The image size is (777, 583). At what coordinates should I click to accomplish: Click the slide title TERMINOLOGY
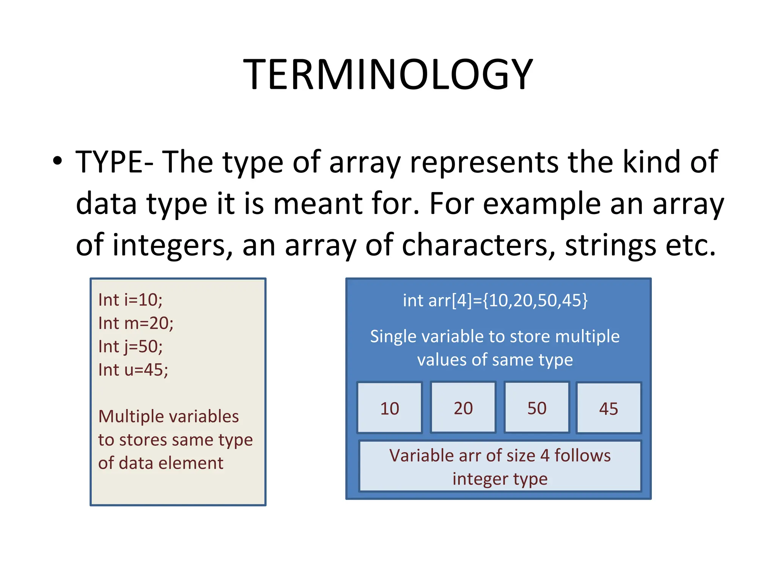[x=388, y=74]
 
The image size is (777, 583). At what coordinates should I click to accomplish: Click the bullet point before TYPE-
[x=57, y=161]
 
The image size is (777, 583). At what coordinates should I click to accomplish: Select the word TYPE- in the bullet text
[x=114, y=162]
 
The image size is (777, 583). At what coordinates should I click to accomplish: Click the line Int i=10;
[x=130, y=300]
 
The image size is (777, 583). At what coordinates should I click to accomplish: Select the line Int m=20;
[x=135, y=323]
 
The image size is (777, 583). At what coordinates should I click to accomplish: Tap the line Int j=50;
[x=130, y=347]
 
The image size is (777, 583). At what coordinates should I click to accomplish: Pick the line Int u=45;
[x=133, y=370]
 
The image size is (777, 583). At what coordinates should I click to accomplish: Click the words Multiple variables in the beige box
[x=168, y=416]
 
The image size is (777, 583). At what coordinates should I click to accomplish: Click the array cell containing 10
[x=389, y=408]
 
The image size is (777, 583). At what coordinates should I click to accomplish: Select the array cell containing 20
[x=463, y=408]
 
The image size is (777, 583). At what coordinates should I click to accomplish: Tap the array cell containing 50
[x=536, y=408]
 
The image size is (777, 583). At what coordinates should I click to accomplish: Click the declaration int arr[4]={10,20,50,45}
[x=495, y=300]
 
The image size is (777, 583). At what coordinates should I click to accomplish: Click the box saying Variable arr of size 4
[x=500, y=466]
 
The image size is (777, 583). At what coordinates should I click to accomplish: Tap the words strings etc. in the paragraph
[x=640, y=245]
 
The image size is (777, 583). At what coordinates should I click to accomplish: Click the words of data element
[x=160, y=463]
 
